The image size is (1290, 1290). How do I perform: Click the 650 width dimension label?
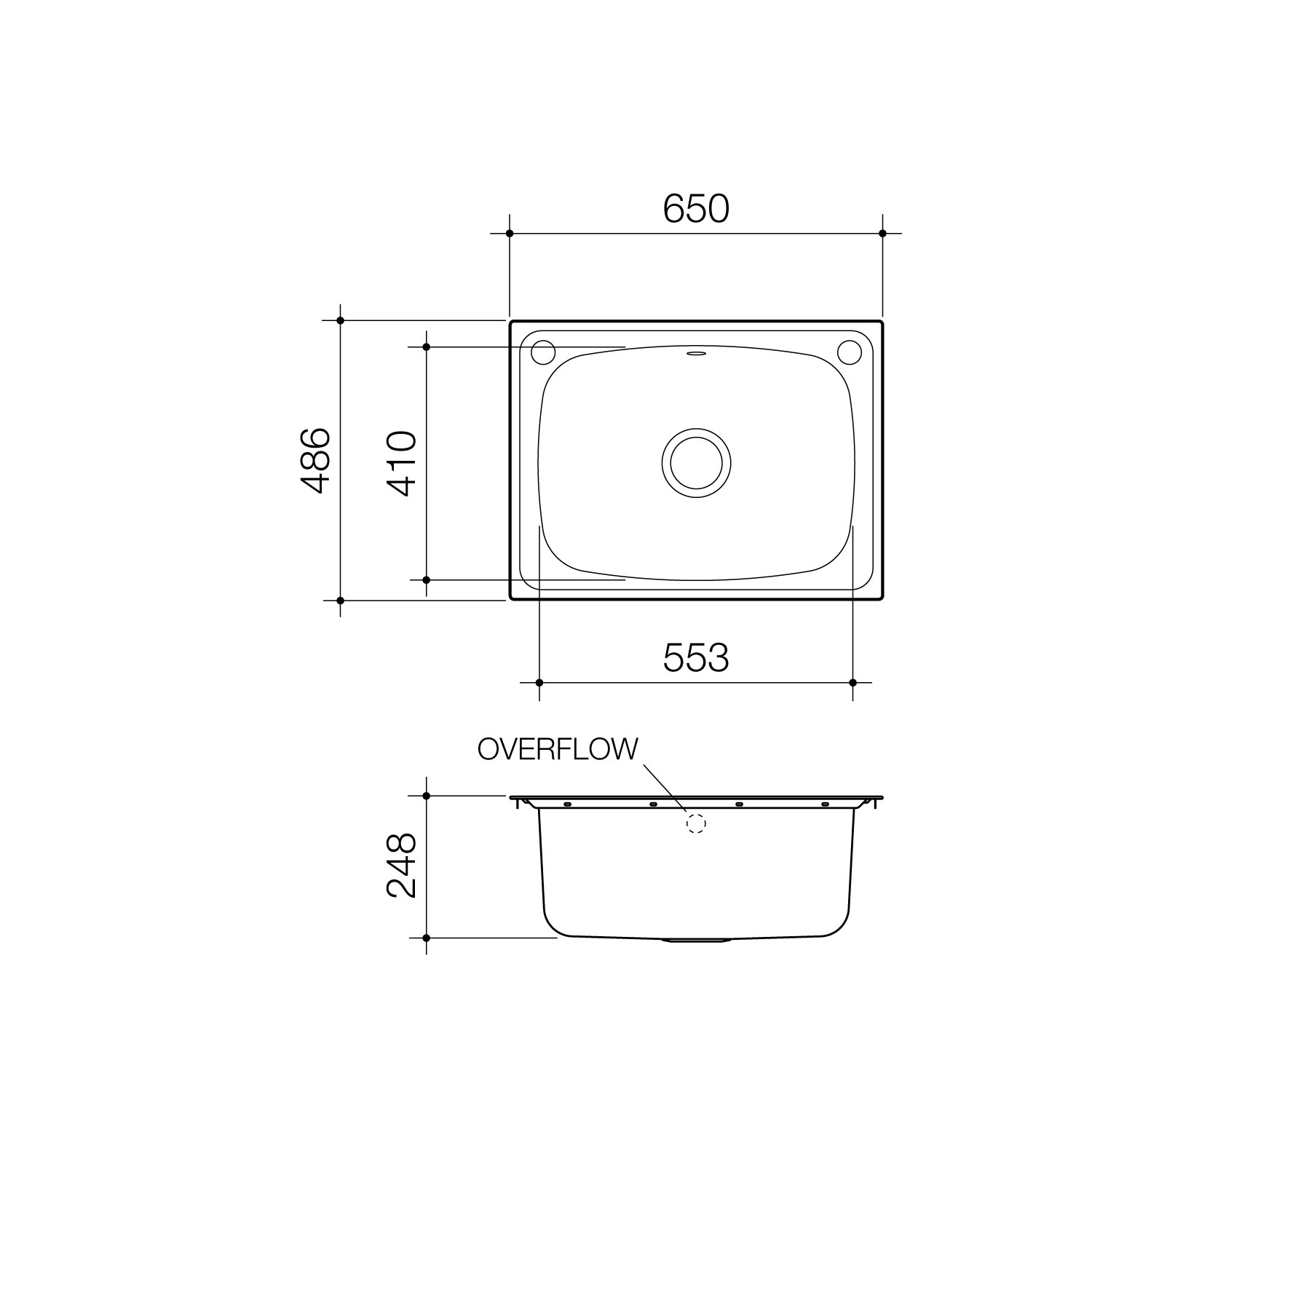[x=695, y=210]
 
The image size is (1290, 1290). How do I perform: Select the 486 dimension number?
[x=316, y=461]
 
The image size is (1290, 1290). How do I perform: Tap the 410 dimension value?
[x=402, y=463]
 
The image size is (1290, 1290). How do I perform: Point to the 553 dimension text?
[x=695, y=658]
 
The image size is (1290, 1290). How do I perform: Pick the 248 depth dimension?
[x=402, y=866]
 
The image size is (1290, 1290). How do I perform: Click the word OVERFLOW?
[x=558, y=749]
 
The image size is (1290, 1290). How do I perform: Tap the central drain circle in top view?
[x=696, y=463]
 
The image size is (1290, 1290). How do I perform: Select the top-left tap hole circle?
[x=543, y=352]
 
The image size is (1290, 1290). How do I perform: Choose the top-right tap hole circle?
[x=849, y=352]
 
